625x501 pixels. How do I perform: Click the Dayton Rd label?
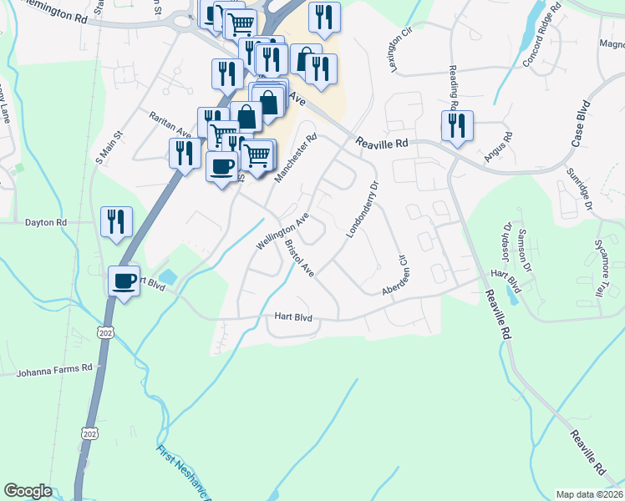click(x=46, y=223)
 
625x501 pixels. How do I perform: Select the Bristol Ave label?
click(x=298, y=259)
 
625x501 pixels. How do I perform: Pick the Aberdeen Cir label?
click(x=394, y=275)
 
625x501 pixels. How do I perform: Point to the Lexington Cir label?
click(x=402, y=51)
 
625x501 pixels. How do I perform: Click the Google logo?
click(x=28, y=491)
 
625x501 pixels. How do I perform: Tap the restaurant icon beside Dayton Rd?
click(x=116, y=223)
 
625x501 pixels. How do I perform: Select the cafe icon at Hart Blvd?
click(x=124, y=282)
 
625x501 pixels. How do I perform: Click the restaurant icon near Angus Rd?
click(x=457, y=127)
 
